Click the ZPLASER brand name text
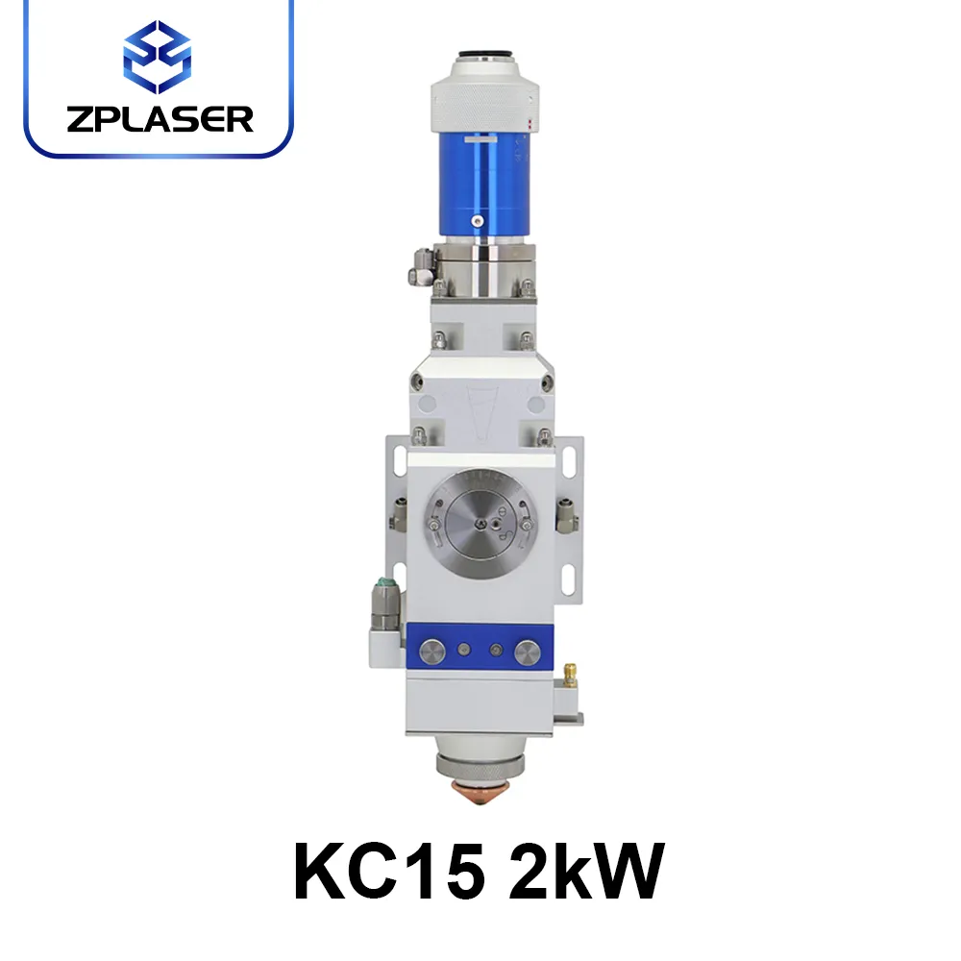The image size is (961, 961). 160,119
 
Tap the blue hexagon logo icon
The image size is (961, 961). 158,57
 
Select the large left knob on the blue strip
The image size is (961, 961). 432,653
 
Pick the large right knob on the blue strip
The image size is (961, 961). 528,653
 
